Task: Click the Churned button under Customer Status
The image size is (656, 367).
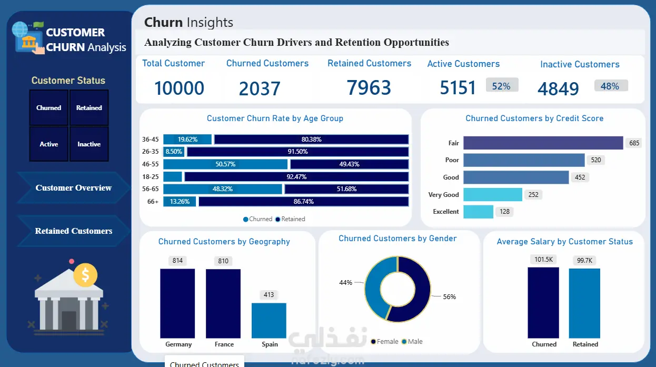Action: (x=48, y=108)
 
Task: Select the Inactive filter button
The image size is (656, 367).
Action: (x=89, y=144)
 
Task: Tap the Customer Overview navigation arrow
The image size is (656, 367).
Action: (x=74, y=188)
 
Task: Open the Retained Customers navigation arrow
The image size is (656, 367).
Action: (x=74, y=231)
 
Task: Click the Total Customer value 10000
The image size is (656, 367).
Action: (x=179, y=88)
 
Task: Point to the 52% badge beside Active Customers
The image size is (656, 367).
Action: (x=502, y=86)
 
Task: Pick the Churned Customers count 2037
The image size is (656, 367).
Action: (x=260, y=89)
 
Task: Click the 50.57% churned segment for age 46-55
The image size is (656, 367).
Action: (x=225, y=164)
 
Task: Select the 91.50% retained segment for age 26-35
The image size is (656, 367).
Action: (x=298, y=152)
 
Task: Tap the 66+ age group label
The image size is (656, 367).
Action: (x=153, y=202)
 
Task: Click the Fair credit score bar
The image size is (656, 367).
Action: (x=543, y=143)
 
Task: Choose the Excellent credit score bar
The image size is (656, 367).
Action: (x=478, y=212)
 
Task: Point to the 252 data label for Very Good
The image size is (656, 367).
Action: (x=533, y=195)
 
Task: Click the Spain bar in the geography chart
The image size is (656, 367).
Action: (x=269, y=321)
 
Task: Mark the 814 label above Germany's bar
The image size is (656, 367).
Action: (x=177, y=261)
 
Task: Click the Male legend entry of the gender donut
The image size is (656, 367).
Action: (x=412, y=342)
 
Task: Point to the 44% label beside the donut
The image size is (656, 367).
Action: (x=345, y=283)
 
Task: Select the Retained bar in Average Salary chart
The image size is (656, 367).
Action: (x=584, y=303)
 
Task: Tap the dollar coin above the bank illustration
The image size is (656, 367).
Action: (x=85, y=275)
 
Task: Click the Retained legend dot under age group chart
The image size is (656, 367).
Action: (x=277, y=219)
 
